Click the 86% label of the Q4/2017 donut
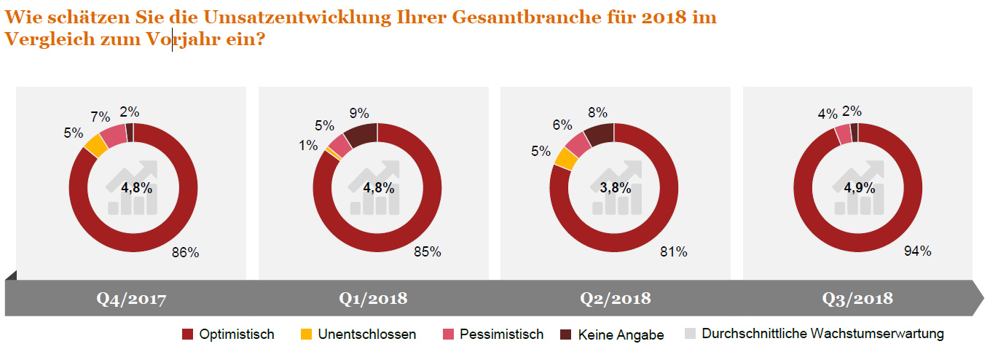coord(185,253)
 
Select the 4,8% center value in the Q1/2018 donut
coord(378,187)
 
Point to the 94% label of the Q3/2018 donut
coord(917,251)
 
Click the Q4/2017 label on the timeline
coord(132,299)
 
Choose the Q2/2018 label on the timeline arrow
coord(616,299)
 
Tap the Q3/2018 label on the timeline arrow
coord(857,299)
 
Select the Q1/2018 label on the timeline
coord(374,299)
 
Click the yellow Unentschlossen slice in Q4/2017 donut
coord(95,146)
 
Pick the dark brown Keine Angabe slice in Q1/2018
coord(361,134)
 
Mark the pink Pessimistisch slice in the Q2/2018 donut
coord(578,144)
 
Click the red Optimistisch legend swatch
coord(187,334)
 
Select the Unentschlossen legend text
coord(367,334)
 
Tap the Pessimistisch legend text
coord(502,334)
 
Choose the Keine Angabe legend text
coord(621,335)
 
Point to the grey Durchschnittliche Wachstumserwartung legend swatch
coord(691,334)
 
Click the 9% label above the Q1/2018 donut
coord(359,113)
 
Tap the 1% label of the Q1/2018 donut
coord(308,146)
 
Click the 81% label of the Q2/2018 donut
coord(673,252)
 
